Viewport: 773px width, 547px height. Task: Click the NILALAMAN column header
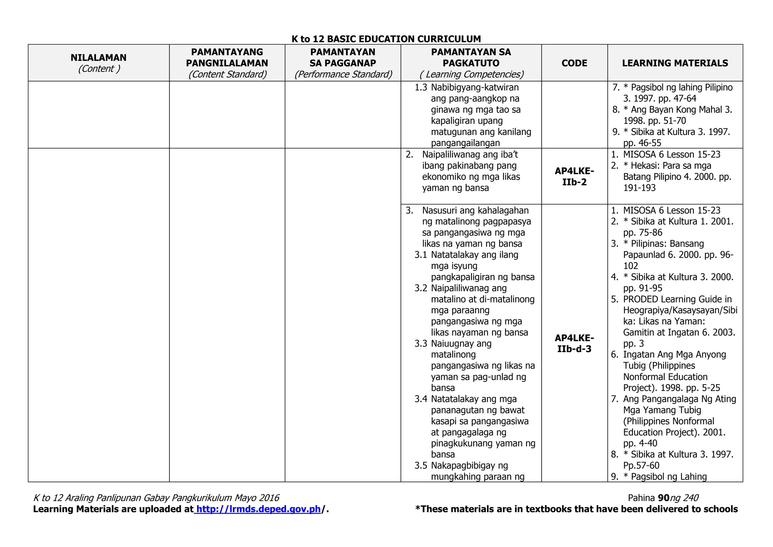tap(99, 57)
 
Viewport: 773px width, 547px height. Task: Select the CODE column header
tap(574, 63)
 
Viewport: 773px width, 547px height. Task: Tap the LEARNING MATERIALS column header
tap(675, 63)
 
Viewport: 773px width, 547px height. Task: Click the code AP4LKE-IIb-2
tap(574, 176)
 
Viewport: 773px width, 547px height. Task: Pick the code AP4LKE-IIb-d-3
tap(574, 343)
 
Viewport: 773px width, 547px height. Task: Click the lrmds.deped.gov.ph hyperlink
tap(259, 509)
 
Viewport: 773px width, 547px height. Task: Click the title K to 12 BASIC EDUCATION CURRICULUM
tap(386, 39)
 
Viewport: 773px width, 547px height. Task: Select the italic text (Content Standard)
tap(227, 74)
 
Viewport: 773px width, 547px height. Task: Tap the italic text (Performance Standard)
tap(343, 74)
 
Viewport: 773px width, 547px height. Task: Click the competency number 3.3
tap(420, 343)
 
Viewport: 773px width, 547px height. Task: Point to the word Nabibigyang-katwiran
tap(474, 87)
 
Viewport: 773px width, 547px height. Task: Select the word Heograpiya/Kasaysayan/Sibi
tap(680, 310)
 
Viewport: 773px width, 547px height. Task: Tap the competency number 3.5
tap(420, 465)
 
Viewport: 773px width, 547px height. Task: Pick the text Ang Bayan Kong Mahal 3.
tap(681, 110)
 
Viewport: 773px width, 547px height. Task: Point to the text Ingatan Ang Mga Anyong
tap(674, 354)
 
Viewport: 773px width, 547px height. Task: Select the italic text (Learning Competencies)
tap(471, 74)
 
